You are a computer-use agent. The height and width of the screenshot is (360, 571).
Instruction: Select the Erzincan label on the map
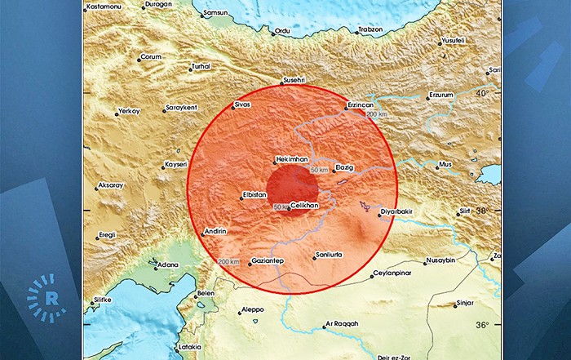click(x=360, y=105)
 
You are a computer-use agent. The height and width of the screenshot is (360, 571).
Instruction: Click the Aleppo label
click(x=254, y=311)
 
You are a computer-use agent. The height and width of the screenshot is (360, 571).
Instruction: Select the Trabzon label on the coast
click(x=372, y=30)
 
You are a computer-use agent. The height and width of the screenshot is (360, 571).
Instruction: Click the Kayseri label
click(x=176, y=164)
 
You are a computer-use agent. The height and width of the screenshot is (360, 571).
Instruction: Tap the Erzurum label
click(x=441, y=95)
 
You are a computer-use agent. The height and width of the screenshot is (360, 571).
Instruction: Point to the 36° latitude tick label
click(x=483, y=325)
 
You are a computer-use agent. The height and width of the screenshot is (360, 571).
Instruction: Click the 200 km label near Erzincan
click(x=377, y=115)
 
